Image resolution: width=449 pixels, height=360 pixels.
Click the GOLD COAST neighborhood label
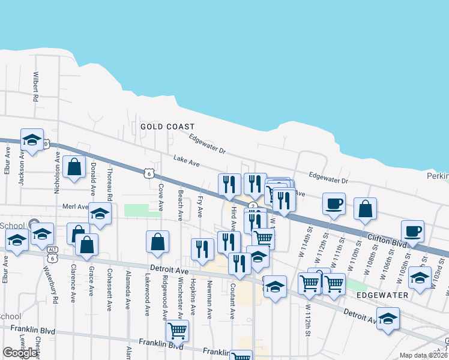tap(167, 127)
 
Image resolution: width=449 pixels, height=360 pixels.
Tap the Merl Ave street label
tap(75, 206)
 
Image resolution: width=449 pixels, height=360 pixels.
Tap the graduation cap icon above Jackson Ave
tap(32, 140)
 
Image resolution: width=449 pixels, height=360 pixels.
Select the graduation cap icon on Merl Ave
tap(100, 214)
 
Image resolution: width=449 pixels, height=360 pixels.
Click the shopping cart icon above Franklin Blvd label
tap(177, 330)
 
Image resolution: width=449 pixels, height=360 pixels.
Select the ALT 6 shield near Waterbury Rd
tap(53, 254)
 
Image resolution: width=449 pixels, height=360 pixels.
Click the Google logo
tap(20, 353)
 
